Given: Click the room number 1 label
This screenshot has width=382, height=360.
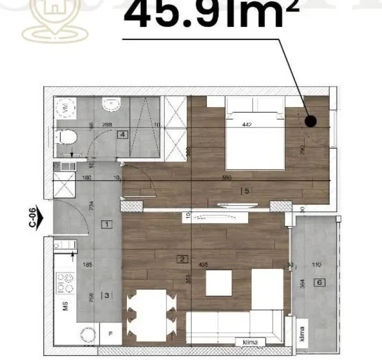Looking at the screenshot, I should [107, 224].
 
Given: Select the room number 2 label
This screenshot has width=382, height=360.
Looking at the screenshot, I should [183, 258].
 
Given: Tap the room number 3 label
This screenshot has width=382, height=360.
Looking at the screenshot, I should [106, 295].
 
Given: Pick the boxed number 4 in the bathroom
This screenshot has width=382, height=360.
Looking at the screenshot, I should [122, 134].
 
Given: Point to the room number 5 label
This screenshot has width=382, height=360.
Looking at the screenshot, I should [244, 190].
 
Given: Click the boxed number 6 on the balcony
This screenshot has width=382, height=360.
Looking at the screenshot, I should [320, 282].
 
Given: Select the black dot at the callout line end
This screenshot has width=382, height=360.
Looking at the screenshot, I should [311, 121].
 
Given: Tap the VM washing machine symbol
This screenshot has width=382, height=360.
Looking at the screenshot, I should [65, 107].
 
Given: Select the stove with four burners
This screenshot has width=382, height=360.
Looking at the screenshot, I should [65, 283].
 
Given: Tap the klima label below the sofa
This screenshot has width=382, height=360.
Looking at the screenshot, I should [251, 342].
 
